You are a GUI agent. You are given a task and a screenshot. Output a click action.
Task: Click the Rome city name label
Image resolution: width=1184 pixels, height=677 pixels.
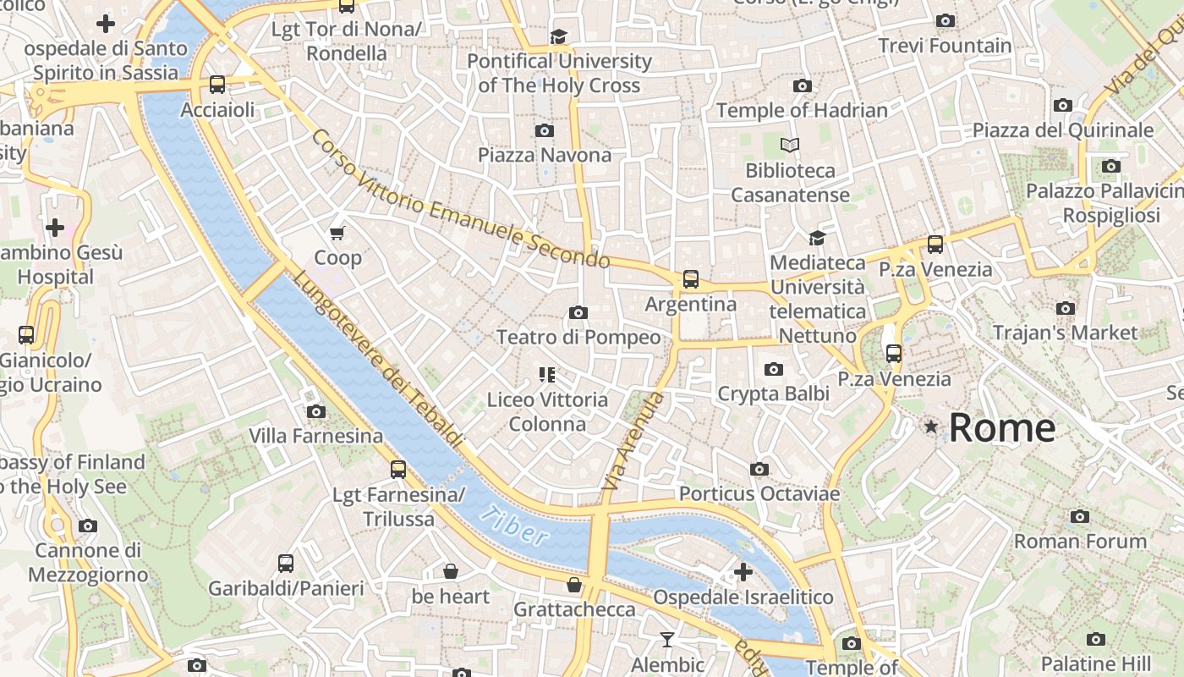click(x=1001, y=428)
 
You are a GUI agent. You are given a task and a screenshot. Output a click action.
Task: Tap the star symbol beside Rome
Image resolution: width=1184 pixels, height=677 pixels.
click(x=931, y=427)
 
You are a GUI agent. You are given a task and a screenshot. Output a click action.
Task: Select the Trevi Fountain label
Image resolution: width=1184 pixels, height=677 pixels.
click(x=945, y=46)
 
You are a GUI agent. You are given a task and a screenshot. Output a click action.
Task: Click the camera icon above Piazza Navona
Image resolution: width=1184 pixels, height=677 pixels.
click(x=544, y=130)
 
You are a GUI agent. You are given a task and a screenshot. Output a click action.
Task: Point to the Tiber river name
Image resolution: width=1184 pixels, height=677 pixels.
click(x=513, y=525)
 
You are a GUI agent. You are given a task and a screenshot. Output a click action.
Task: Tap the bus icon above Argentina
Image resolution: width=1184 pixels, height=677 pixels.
click(x=690, y=278)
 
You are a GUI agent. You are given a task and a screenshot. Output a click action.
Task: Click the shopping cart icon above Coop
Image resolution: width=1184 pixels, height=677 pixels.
click(x=337, y=233)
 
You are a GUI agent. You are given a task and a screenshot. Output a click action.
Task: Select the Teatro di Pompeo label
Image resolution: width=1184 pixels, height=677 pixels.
click(x=578, y=337)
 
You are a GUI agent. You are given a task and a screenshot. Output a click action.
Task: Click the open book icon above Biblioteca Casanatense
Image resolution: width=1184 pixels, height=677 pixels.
click(x=789, y=146)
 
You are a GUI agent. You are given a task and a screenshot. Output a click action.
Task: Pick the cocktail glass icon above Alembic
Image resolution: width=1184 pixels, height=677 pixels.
click(x=666, y=640)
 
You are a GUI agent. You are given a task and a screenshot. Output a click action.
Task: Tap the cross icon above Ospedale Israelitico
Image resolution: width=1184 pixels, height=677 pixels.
click(x=743, y=572)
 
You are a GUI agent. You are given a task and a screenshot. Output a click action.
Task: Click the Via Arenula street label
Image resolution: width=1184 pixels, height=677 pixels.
click(x=633, y=441)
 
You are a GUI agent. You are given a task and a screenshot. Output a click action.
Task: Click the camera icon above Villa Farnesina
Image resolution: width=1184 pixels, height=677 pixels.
click(x=315, y=411)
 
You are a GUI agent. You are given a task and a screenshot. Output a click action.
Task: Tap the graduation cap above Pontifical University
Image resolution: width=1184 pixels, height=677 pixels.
click(x=558, y=36)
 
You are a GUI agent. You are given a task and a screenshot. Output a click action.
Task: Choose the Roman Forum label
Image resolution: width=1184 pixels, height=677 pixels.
click(x=1080, y=541)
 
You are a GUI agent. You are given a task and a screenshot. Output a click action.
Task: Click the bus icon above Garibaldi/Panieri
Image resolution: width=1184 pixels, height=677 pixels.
click(x=286, y=563)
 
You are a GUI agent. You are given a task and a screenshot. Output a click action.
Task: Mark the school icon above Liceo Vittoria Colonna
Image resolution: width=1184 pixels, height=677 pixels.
click(x=546, y=374)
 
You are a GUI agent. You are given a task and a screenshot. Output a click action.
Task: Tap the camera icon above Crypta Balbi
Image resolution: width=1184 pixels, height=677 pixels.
click(x=773, y=369)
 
